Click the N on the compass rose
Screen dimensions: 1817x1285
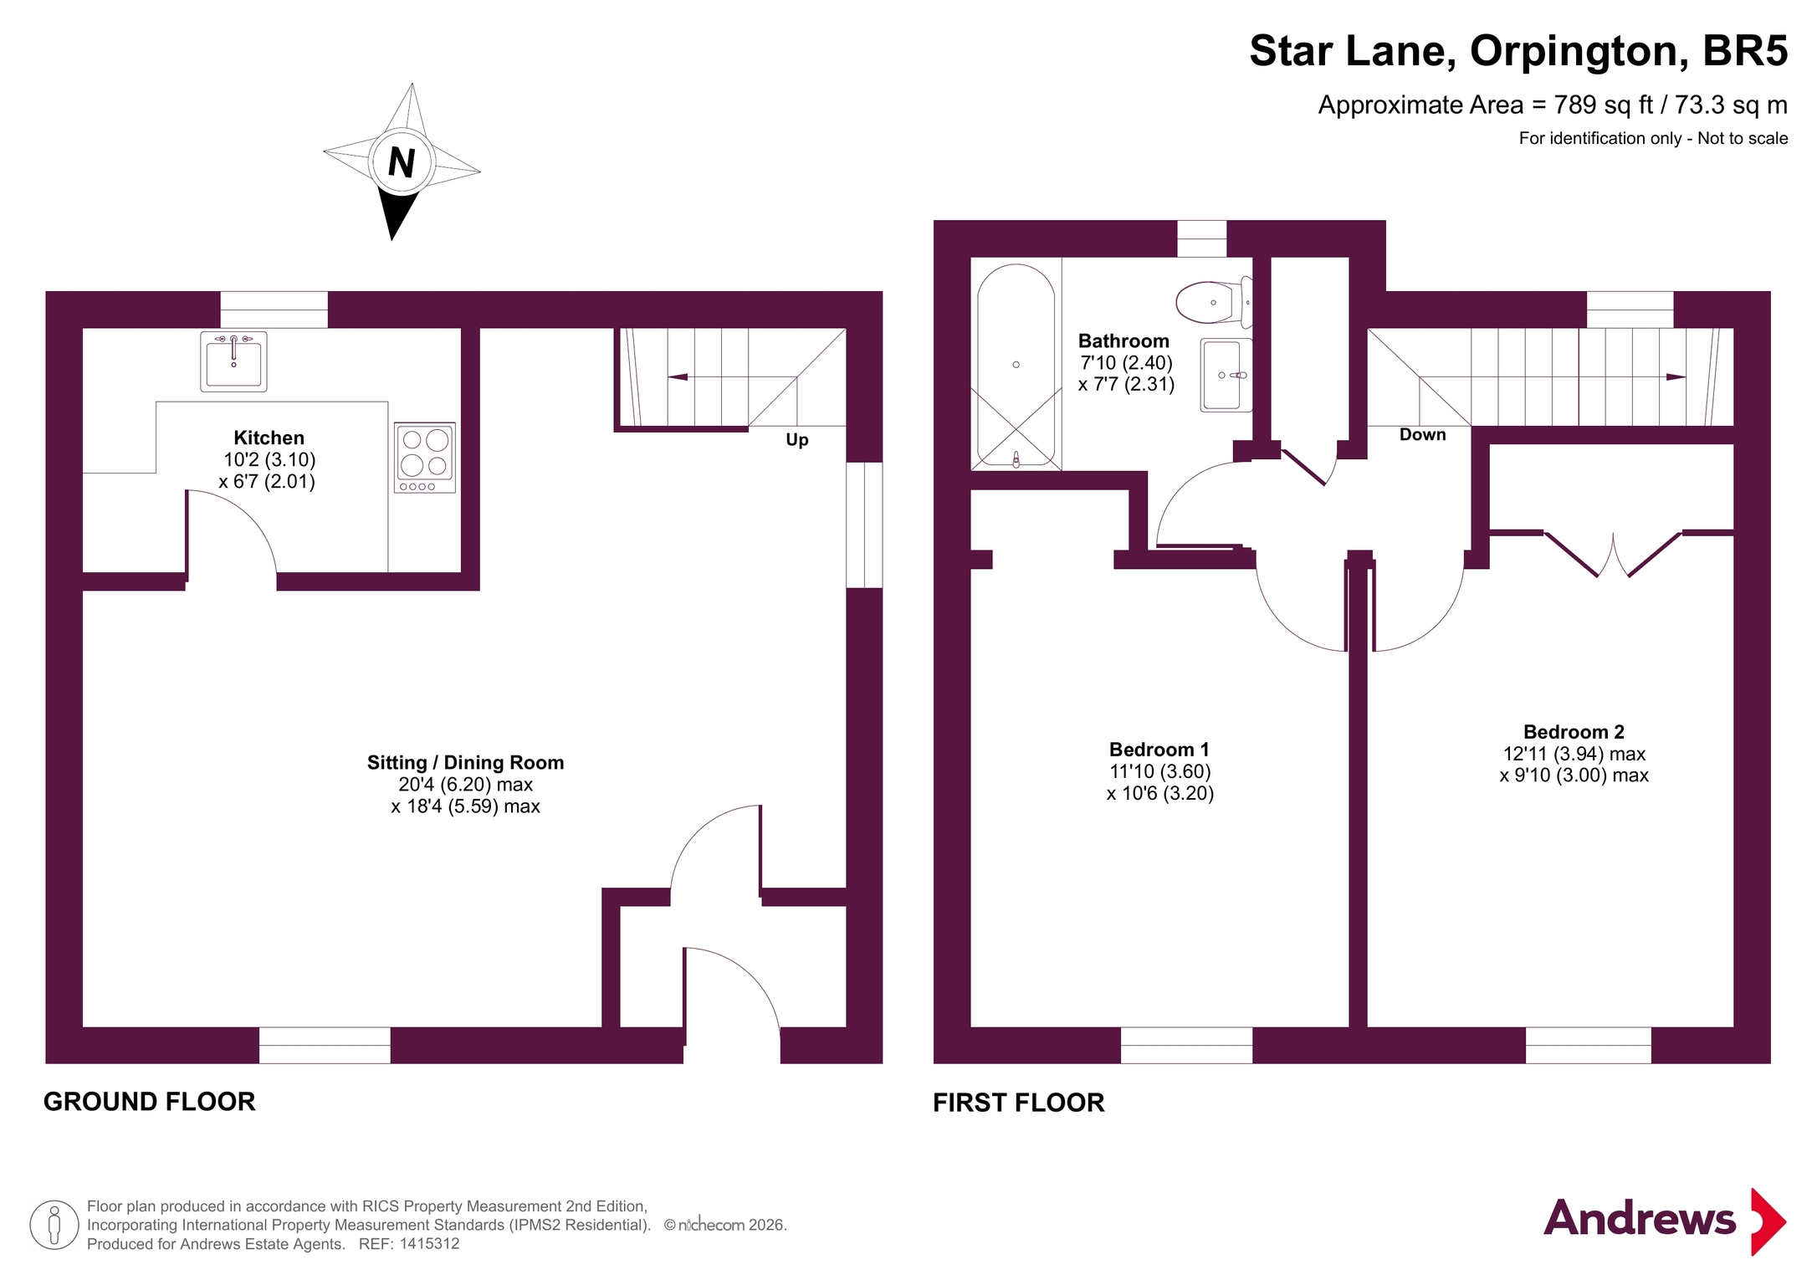pyautogui.click(x=402, y=162)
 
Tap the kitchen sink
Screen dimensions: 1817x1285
pyautogui.click(x=233, y=361)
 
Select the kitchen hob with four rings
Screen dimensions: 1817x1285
pyautogui.click(x=425, y=458)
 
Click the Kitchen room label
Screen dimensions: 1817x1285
pyautogui.click(x=269, y=438)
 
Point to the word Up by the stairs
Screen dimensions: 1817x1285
pyautogui.click(x=797, y=440)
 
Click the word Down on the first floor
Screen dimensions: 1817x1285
pyautogui.click(x=1422, y=434)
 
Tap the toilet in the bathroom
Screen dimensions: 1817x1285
pyautogui.click(x=1214, y=302)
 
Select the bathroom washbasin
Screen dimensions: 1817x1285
pyautogui.click(x=1226, y=375)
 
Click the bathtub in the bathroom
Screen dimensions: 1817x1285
pyautogui.click(x=1016, y=365)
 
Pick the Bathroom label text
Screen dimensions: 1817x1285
pyautogui.click(x=1123, y=341)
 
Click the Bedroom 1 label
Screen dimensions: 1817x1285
pyautogui.click(x=1159, y=750)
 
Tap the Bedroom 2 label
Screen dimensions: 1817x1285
pyautogui.click(x=1574, y=732)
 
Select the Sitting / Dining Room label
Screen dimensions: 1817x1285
pyautogui.click(x=465, y=762)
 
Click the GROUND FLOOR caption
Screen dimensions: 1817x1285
pyautogui.click(x=150, y=1102)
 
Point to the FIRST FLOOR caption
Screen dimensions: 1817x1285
pyautogui.click(x=1019, y=1103)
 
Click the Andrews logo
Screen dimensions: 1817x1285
pyautogui.click(x=1665, y=1221)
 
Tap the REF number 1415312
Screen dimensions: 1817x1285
pyautogui.click(x=429, y=1244)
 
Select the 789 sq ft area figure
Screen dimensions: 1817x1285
pyautogui.click(x=1604, y=105)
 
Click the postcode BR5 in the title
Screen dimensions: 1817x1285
pyautogui.click(x=1745, y=51)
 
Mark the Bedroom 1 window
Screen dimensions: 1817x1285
pyautogui.click(x=1186, y=1045)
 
